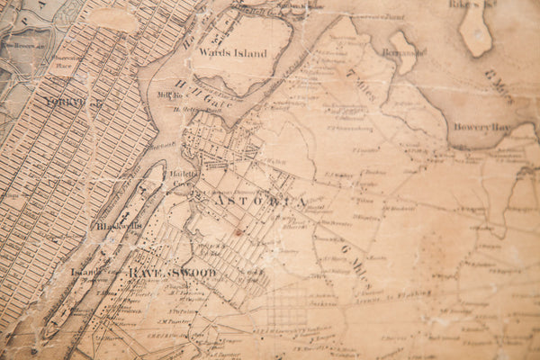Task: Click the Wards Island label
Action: coord(233,53)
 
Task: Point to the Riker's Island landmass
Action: coord(477,27)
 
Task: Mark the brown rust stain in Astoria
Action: coord(238,231)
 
